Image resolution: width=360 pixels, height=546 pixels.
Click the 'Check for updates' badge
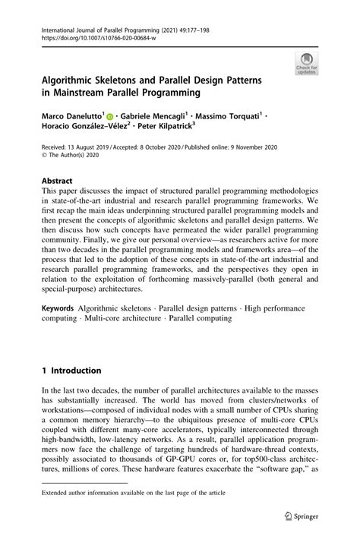[x=307, y=65]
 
